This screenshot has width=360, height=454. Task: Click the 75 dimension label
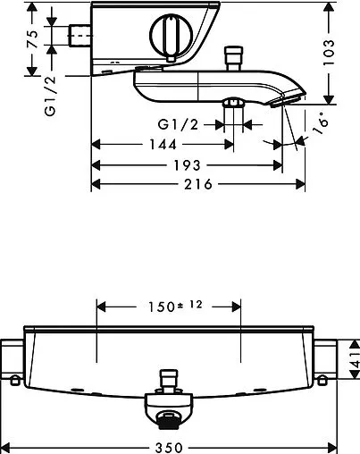pyautogui.click(x=33, y=39)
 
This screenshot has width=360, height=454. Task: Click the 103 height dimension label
pyautogui.click(x=329, y=53)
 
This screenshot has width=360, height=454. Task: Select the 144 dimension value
pyautogui.click(x=163, y=145)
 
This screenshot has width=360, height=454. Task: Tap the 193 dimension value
pyautogui.click(x=187, y=165)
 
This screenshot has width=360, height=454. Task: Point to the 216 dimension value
pyautogui.click(x=198, y=184)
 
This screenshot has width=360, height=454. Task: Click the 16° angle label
pyautogui.click(x=321, y=122)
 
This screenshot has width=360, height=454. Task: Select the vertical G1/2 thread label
pyautogui.click(x=50, y=96)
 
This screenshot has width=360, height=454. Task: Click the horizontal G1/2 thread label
pyautogui.click(x=178, y=124)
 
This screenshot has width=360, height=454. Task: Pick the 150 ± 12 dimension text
pyautogui.click(x=176, y=307)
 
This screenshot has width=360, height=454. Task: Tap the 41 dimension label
pyautogui.click(x=355, y=359)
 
